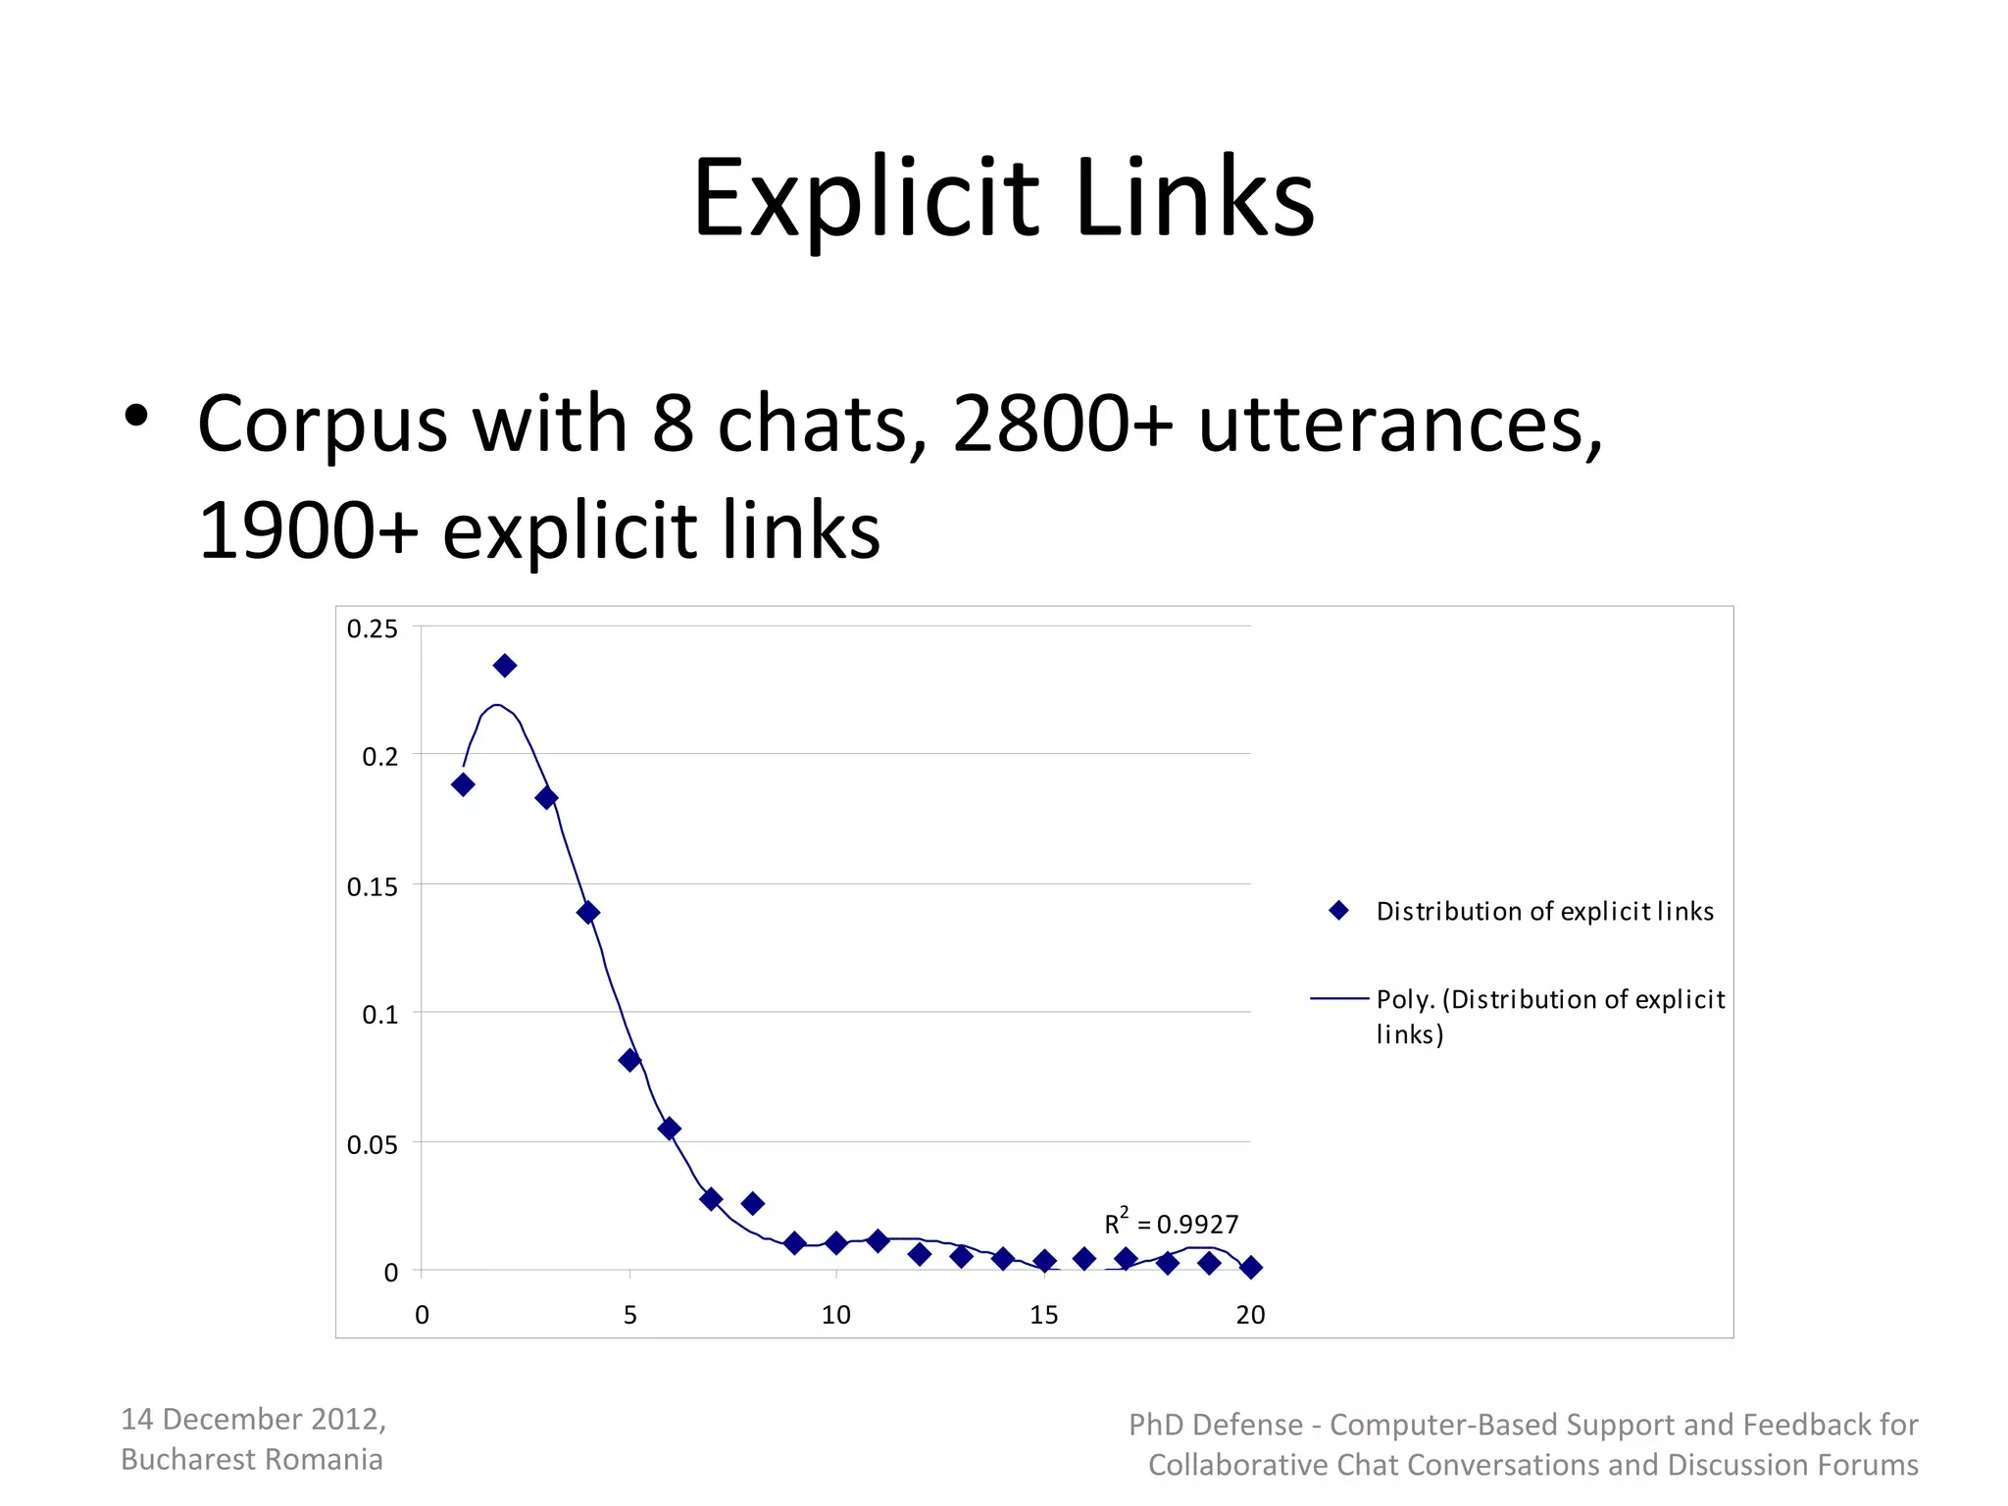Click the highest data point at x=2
[505, 667]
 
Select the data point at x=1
[463, 784]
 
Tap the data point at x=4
[588, 913]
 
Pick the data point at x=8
[753, 1203]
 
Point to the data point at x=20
[1250, 1268]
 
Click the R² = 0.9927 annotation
[1172, 1224]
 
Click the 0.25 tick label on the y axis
[373, 629]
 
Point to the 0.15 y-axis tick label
[373, 887]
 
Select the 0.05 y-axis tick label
[373, 1145]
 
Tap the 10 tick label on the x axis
[836, 1315]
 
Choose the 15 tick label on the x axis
[1044, 1315]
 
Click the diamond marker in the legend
[1339, 911]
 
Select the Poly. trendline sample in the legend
[1339, 999]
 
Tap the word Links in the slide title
[1194, 199]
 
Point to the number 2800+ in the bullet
[1063, 424]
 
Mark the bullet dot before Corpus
[136, 416]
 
